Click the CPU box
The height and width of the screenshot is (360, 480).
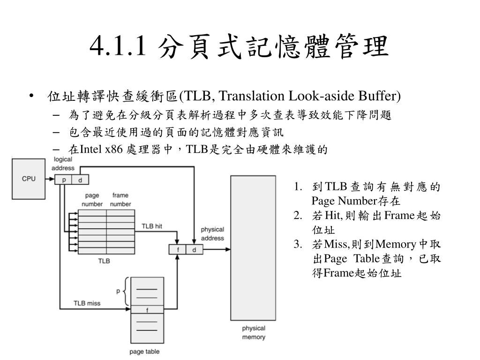click(29, 179)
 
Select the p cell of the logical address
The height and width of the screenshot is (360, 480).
click(63, 180)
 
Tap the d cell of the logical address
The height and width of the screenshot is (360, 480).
click(80, 180)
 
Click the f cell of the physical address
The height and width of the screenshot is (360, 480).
click(178, 249)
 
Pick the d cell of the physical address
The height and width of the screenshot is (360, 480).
click(195, 249)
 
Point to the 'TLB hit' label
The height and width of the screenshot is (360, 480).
click(152, 226)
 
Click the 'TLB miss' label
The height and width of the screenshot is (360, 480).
click(87, 303)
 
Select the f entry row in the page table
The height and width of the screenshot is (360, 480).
click(147, 309)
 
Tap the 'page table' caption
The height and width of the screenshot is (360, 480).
click(144, 352)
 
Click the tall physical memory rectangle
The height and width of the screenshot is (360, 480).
click(253, 248)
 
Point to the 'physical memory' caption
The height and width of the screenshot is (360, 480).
click(254, 332)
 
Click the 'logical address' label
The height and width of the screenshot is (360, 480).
click(63, 164)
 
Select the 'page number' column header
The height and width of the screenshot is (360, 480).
click(92, 200)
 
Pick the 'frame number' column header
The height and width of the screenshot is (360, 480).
click(120, 200)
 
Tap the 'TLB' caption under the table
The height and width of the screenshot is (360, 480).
click(104, 261)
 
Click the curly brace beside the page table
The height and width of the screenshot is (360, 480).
click(126, 292)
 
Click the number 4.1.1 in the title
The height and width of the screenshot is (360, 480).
click(118, 46)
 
